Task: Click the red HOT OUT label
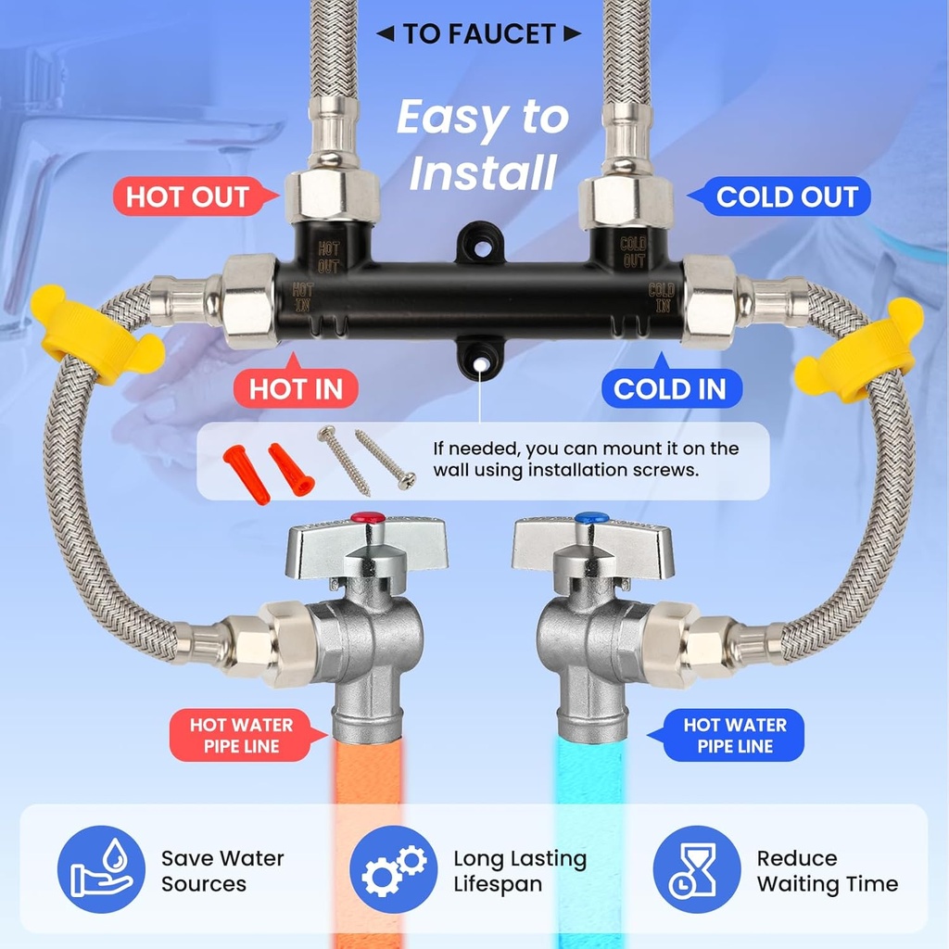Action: click(188, 196)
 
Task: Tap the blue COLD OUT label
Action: click(787, 196)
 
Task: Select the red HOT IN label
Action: click(296, 389)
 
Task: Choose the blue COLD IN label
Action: click(670, 389)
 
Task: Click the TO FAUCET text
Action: click(479, 35)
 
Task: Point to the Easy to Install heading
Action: click(482, 145)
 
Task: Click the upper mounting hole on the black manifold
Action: click(480, 240)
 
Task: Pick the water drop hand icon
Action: click(101, 869)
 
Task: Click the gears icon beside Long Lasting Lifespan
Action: click(393, 869)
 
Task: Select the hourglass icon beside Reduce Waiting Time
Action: click(696, 869)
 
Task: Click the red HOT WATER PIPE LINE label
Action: click(241, 736)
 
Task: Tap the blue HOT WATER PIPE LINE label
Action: click(734, 736)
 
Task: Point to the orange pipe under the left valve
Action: click(366, 778)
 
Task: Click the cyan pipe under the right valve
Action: click(589, 778)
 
